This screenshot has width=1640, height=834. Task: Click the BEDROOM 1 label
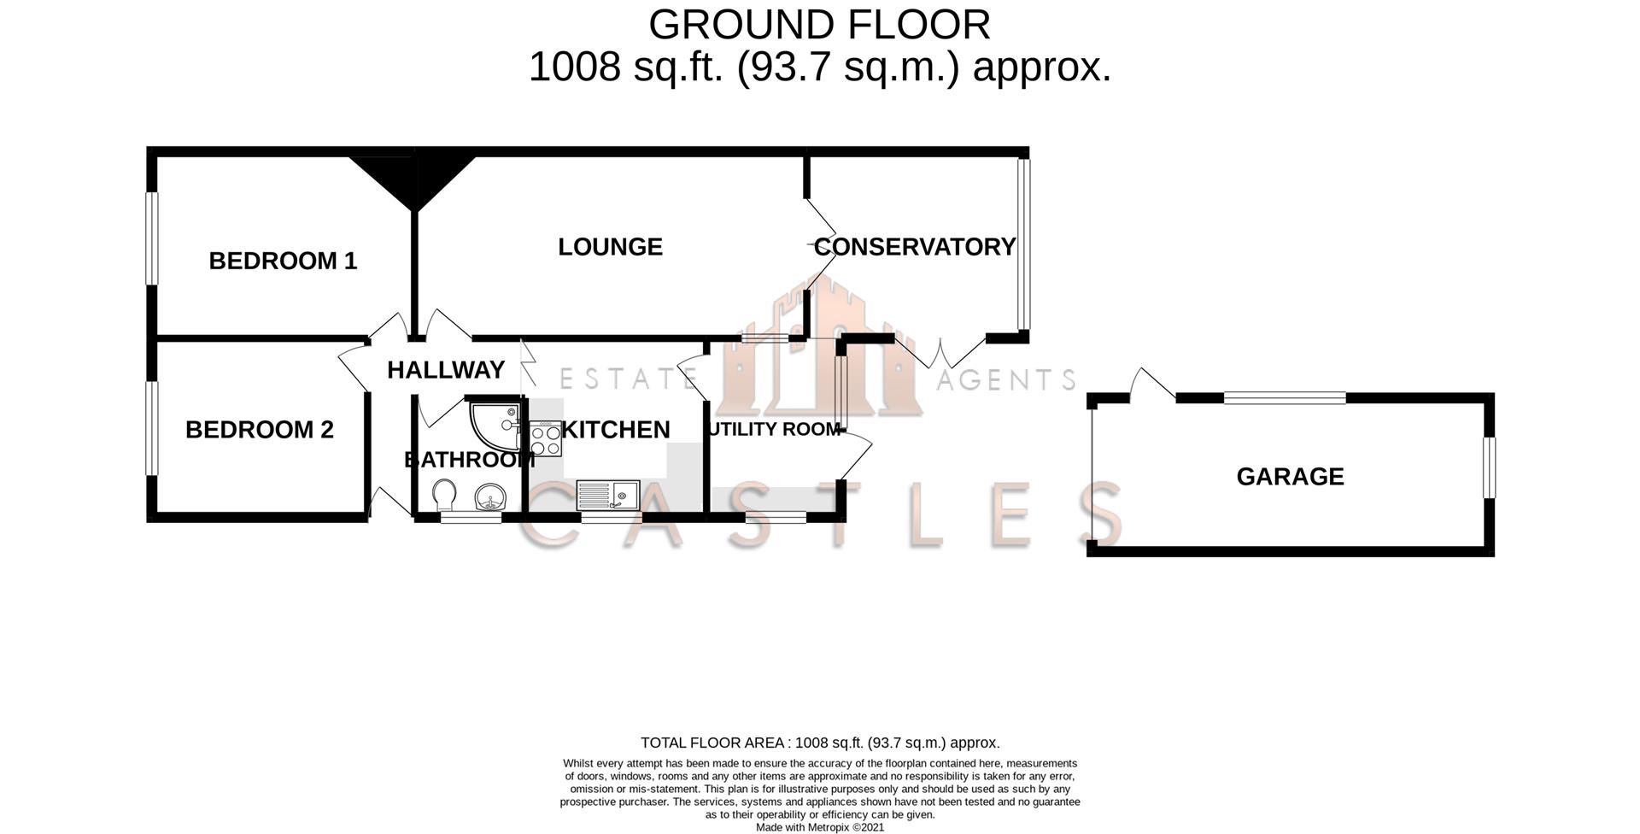coord(283,261)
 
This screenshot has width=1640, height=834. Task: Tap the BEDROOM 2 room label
coord(259,429)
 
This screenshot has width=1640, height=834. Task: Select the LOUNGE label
coord(610,247)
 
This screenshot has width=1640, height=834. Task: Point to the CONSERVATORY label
coord(914,247)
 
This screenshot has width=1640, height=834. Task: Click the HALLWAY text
coord(445,370)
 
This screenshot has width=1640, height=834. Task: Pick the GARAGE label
coord(1290,476)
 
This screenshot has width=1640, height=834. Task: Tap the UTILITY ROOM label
coord(774,429)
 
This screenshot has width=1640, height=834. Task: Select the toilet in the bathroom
coord(443,495)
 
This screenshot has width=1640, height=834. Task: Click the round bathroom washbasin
coord(490,496)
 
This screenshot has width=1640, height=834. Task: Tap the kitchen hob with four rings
coord(545,439)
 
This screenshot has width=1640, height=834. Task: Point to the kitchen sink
coord(607,495)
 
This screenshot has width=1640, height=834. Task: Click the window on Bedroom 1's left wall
coord(151,238)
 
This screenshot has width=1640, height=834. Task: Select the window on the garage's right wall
coord(1489,467)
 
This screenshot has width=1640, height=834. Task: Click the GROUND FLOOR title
coord(819,25)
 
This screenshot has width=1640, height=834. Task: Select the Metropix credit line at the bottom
coord(819,827)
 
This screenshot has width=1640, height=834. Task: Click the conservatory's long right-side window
coord(1023,244)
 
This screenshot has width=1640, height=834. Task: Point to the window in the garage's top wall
coord(1285,397)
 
